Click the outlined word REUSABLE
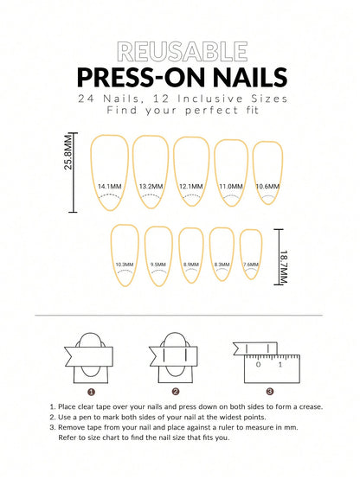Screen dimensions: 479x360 point(180,51)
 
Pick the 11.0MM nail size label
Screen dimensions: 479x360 point(230,186)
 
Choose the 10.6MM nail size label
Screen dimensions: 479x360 point(267,186)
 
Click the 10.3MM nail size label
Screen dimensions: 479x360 point(124,265)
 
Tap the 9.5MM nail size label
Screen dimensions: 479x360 point(157,265)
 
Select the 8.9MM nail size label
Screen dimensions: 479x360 point(190,265)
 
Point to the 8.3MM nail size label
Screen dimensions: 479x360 point(221,265)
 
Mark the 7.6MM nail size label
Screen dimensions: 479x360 point(250,265)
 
